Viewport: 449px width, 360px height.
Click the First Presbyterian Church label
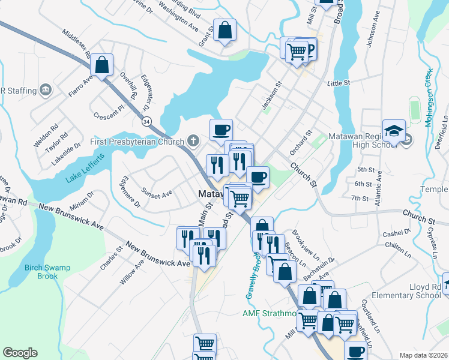137,142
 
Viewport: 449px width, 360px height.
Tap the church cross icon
193,142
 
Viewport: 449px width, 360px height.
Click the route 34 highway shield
146,121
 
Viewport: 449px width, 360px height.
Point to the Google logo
20,353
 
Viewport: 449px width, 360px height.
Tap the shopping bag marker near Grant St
224,29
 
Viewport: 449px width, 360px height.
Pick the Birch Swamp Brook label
42,272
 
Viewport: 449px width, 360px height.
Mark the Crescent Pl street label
108,114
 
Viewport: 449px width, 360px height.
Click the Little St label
339,83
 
